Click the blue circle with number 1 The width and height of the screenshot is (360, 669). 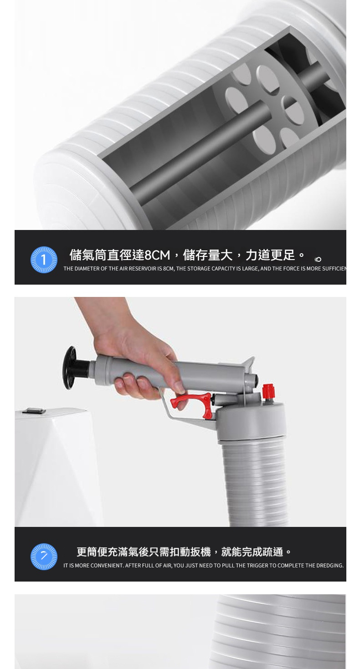(x=44, y=260)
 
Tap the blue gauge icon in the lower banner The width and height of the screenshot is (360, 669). (x=44, y=557)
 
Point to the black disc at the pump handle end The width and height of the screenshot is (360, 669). (x=69, y=368)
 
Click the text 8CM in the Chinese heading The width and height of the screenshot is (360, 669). (x=157, y=255)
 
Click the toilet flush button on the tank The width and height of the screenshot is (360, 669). (x=34, y=411)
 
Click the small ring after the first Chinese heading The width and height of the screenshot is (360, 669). (x=318, y=259)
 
